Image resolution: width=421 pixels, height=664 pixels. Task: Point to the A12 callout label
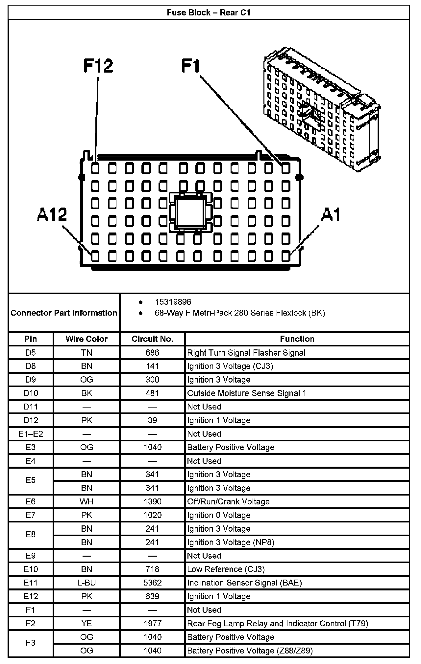(52, 215)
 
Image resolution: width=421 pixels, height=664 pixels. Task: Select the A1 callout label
(331, 215)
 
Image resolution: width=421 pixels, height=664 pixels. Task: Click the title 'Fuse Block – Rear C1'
(209, 12)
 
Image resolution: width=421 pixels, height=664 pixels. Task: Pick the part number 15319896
(173, 302)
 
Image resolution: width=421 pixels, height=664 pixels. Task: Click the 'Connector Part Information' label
(64, 313)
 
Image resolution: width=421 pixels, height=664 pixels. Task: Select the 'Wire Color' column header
(87, 339)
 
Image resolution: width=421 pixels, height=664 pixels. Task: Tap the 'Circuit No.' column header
(152, 339)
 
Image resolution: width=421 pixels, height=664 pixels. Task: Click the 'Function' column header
(297, 339)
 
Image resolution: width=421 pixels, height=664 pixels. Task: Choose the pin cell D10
(31, 393)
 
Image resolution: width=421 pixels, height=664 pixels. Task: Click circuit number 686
(152, 353)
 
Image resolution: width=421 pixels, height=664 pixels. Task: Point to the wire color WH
(87, 501)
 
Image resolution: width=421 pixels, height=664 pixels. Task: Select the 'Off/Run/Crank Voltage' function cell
(228, 501)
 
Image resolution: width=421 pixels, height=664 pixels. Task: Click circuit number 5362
(152, 583)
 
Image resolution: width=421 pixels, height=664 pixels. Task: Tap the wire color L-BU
(87, 583)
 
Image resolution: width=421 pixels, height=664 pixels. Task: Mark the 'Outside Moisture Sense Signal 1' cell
(247, 393)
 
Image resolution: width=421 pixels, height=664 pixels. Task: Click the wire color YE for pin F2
(87, 623)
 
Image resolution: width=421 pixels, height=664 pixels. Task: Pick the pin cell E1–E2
(31, 434)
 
